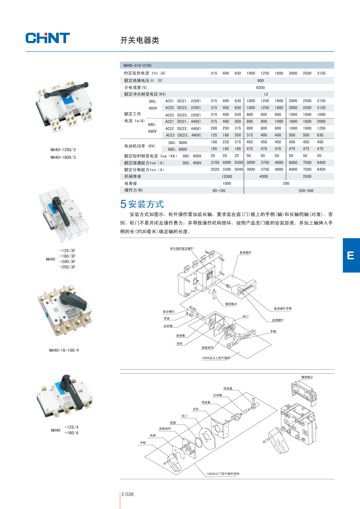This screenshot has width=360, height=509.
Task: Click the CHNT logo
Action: [48, 38]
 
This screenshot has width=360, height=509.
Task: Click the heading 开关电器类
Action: [140, 40]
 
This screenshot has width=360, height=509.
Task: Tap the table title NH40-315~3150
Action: [138, 66]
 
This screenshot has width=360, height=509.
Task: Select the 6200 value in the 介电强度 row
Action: [260, 87]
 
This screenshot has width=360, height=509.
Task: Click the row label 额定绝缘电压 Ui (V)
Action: [143, 81]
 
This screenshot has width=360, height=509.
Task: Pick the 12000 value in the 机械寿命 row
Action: [227, 177]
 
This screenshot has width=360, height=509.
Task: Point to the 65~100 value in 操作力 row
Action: [219, 190]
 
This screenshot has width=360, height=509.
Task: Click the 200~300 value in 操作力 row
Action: [306, 190]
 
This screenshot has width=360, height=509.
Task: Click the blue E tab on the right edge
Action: [351, 255]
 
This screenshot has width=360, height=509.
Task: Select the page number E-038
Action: [127, 494]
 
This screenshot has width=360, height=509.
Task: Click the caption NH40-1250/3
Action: [63, 150]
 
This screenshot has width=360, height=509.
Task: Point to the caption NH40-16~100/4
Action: [64, 350]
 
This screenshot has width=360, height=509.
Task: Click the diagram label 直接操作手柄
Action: [283, 309]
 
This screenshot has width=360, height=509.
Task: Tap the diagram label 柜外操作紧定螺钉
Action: [182, 249]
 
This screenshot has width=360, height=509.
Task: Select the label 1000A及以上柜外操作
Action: [216, 358]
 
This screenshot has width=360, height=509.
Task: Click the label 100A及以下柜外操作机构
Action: [223, 474]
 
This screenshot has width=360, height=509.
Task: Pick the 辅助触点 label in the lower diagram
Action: [307, 377]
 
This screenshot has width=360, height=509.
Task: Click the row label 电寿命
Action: [131, 184]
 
